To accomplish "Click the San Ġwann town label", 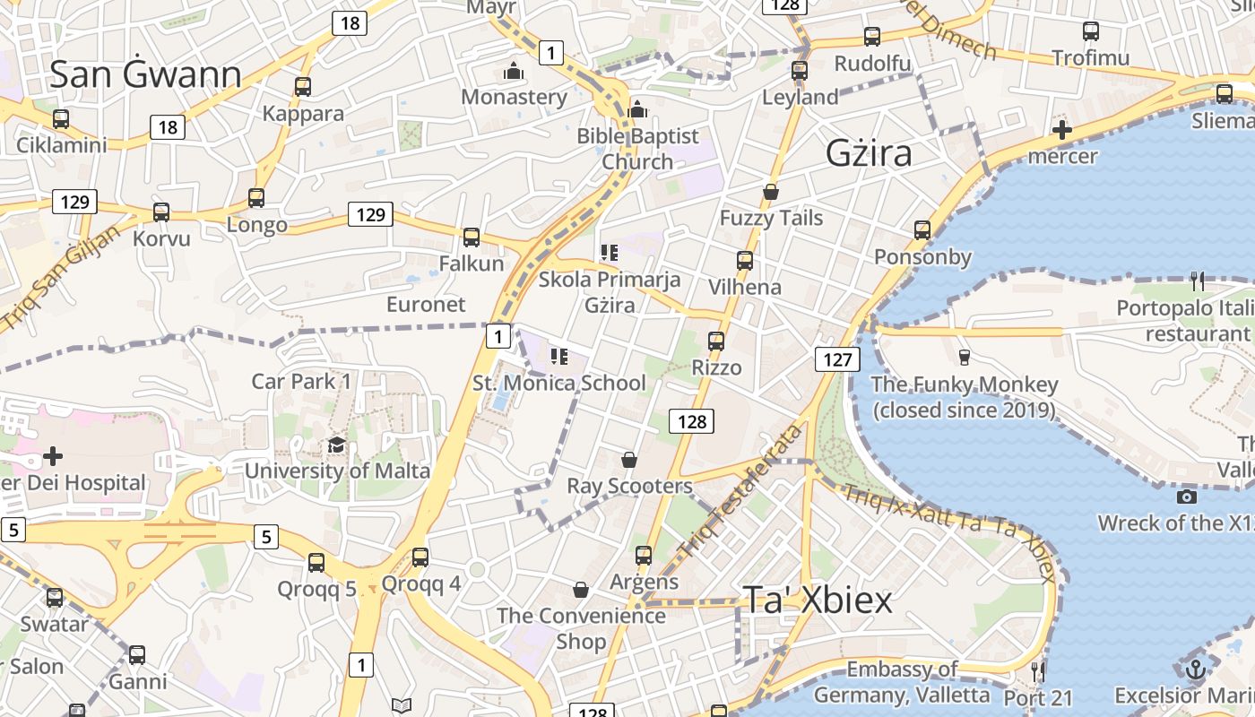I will pos(145,74).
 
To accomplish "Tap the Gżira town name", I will pos(869,153).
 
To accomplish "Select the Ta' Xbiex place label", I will pos(817,600).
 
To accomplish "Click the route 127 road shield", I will pos(837,359).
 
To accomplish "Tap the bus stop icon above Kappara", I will pos(303,86).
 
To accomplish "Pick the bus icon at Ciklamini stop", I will pos(61,118).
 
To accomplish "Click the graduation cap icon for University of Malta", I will pos(336,445).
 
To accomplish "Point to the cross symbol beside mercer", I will pos(1062,131).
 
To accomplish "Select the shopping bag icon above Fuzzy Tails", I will pos(770,192).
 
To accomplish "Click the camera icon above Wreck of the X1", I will pos(1187,497).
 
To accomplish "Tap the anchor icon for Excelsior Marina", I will pos(1194,669).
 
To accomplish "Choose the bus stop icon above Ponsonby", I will pos(922,230).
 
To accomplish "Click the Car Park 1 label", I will pos(301,381).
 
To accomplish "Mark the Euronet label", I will pos(426,304).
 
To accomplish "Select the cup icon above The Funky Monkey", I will pos(965,357).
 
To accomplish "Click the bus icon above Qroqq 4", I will pos(420,557).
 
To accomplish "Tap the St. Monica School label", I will pos(559,383).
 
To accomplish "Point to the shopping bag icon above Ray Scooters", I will pos(629,460).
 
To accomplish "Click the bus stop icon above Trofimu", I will pos(1091,31).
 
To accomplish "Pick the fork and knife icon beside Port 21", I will pos(1038,670).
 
